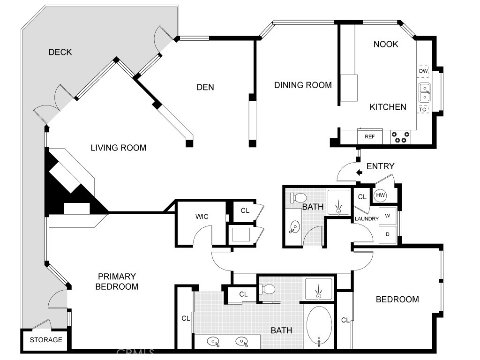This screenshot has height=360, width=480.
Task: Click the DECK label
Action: click(60, 52)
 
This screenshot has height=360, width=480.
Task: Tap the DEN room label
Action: click(205, 87)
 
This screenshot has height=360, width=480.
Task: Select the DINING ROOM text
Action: click(303, 85)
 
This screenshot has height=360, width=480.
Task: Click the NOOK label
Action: click(386, 44)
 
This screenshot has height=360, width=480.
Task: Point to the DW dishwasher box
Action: click(423, 71)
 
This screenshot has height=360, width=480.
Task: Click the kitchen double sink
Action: click(424, 92)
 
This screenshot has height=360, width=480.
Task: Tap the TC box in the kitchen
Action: click(423, 109)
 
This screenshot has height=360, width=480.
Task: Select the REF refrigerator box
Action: click(370, 137)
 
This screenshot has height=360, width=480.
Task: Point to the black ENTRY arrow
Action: click(360, 172)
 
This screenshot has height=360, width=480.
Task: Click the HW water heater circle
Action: click(380, 195)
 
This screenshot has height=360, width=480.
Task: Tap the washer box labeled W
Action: click(388, 216)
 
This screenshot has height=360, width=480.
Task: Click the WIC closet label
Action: click(202, 217)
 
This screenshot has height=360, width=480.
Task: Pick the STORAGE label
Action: click(46, 340)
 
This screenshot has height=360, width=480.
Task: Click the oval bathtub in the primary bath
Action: click(319, 326)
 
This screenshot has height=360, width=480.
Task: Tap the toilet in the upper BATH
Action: click(298, 197)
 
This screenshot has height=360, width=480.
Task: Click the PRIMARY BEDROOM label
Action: click(117, 281)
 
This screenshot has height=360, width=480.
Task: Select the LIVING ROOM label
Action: click(118, 148)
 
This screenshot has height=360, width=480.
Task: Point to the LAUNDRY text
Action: click(366, 219)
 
